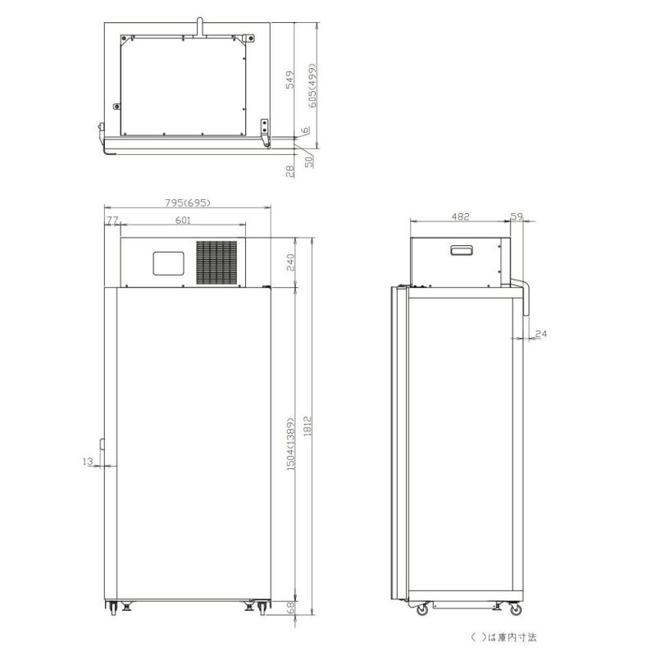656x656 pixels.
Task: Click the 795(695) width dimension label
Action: click(188, 203)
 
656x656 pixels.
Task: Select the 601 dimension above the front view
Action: click(183, 220)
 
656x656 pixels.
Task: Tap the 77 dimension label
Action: click(112, 220)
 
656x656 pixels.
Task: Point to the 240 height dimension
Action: click(290, 262)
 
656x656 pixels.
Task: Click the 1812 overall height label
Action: click(307, 426)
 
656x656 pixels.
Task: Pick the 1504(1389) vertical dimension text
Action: click(291, 444)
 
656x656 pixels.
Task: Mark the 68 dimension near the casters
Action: click(290, 608)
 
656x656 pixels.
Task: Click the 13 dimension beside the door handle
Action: click(88, 462)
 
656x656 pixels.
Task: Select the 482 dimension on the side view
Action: click(460, 216)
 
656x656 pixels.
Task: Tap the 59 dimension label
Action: click(517, 216)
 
